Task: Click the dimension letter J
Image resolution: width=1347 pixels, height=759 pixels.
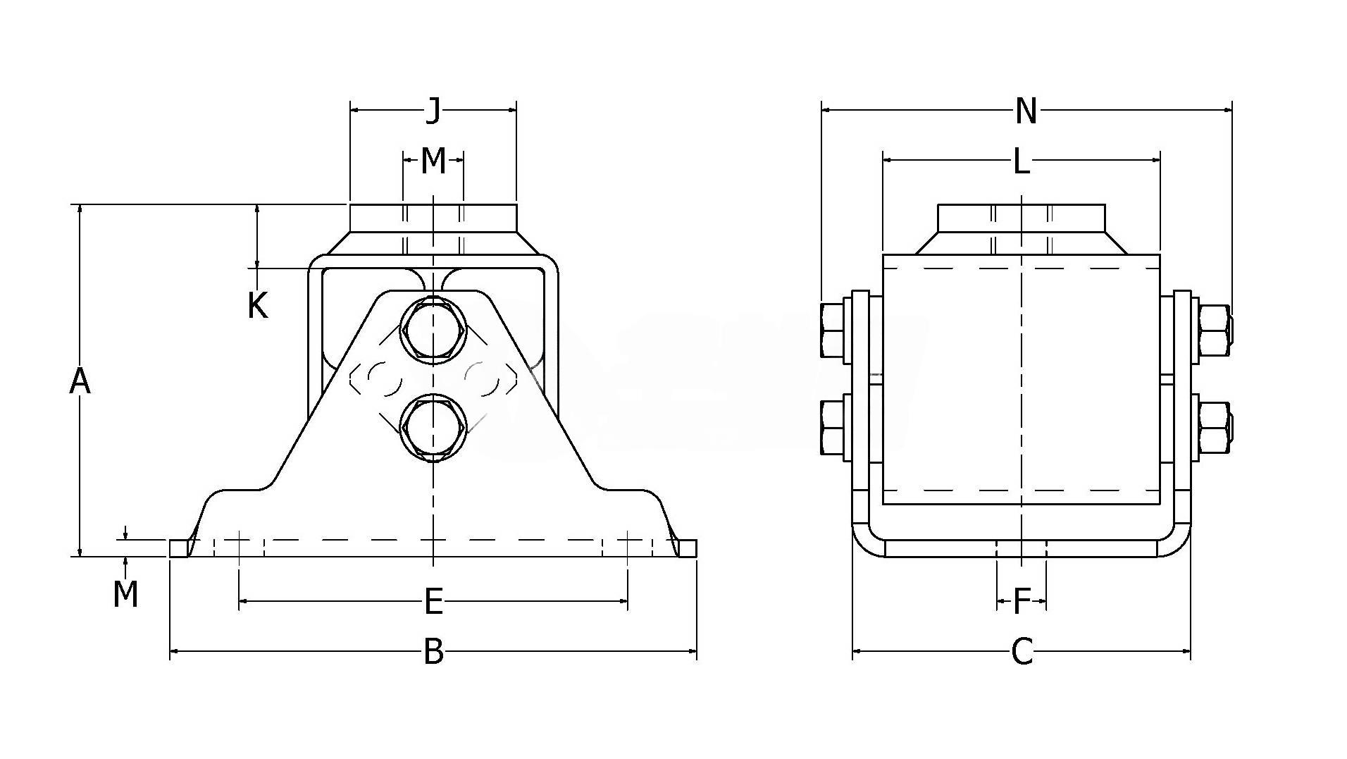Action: [433, 111]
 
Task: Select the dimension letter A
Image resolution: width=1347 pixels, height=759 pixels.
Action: [80, 381]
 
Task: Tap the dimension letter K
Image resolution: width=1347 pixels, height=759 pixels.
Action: [258, 306]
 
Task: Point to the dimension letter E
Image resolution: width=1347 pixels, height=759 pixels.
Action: [433, 602]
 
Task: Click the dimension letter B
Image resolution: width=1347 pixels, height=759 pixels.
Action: [433, 652]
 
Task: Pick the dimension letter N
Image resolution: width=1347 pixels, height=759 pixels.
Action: [1026, 111]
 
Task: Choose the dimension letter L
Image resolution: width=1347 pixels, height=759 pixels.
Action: [1022, 162]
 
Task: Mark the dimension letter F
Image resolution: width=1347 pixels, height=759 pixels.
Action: [1022, 603]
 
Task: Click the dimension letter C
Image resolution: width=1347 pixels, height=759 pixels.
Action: [1022, 652]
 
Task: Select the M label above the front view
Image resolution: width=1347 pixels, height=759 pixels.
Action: [433, 161]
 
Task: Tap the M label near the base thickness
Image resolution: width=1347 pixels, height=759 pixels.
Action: [125, 594]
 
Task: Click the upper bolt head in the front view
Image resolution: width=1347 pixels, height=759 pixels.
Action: [433, 330]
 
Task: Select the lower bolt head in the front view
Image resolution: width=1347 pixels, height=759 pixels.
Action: [433, 427]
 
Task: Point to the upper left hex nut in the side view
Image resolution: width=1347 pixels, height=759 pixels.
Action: [835, 330]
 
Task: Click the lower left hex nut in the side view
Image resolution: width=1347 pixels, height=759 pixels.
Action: [835, 427]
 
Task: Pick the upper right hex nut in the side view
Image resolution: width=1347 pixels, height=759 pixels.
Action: [1215, 330]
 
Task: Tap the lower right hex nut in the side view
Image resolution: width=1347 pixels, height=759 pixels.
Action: [1215, 427]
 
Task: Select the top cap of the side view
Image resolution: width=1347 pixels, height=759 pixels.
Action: [1022, 217]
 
